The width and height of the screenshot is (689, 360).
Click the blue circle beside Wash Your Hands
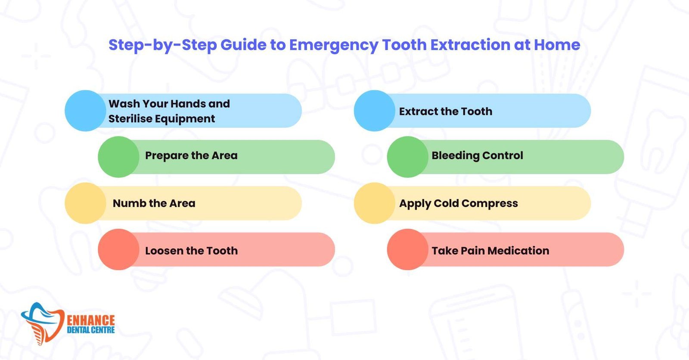click(86, 111)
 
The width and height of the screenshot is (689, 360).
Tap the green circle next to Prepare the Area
click(119, 157)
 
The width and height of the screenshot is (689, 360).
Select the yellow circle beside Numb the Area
click(86, 203)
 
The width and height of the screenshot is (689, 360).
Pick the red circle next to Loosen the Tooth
click(119, 249)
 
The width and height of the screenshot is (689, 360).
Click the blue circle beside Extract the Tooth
click(375, 111)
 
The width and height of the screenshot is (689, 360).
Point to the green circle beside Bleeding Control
click(408, 157)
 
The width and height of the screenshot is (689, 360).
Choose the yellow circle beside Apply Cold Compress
click(375, 203)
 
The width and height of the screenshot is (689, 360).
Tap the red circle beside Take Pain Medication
click(408, 249)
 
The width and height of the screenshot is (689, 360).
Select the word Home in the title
click(557, 45)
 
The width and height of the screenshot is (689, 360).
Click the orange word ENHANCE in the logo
click(91, 320)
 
